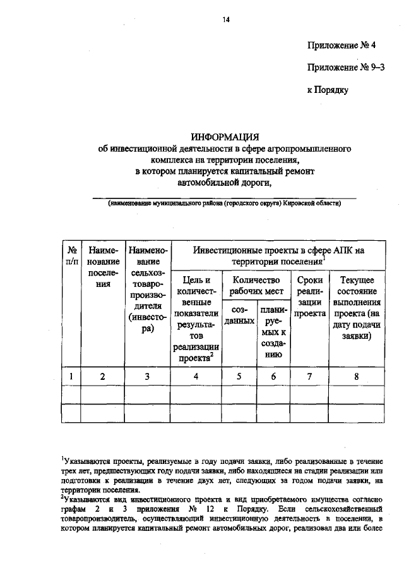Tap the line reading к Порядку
[328, 90]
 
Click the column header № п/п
[72, 256]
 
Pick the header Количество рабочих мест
[256, 285]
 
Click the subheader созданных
[240, 316]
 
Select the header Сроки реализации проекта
[309, 296]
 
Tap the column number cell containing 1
[72, 377]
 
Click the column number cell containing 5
[240, 377]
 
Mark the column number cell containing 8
[357, 377]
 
